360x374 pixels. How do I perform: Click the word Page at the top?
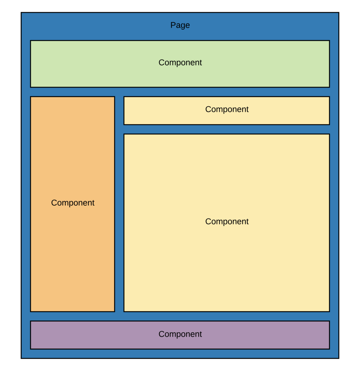(x=180, y=25)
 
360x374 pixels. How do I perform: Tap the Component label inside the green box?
(x=180, y=63)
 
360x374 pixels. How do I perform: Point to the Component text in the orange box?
(x=73, y=203)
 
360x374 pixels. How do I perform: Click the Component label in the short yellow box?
(x=227, y=109)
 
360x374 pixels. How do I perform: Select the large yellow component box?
(x=227, y=265)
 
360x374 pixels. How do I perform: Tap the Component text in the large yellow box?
(x=227, y=222)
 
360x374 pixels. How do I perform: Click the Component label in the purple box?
(x=180, y=334)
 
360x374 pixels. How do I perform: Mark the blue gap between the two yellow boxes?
(x=227, y=129)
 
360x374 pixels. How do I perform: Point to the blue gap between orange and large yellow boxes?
(x=119, y=218)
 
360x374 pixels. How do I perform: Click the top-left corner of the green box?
(x=31, y=41)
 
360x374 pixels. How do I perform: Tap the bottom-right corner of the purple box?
(x=329, y=349)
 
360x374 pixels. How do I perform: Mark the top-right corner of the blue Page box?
(x=339, y=13)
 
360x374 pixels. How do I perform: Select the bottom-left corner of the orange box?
(x=31, y=311)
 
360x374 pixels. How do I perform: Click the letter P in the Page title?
(x=173, y=25)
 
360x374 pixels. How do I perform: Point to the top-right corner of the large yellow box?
(x=329, y=134)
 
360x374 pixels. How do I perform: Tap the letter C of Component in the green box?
(x=161, y=63)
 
